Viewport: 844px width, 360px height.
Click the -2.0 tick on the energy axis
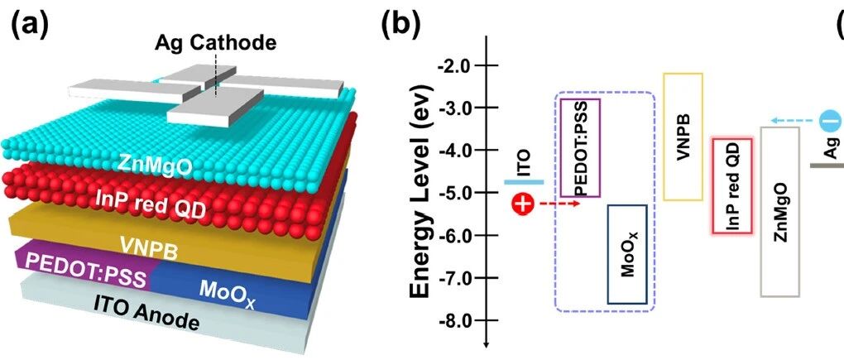[x=459, y=65]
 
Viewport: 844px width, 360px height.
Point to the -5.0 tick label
[x=459, y=194]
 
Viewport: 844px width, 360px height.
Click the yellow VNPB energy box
[x=683, y=137]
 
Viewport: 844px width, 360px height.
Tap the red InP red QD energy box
[x=732, y=186]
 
